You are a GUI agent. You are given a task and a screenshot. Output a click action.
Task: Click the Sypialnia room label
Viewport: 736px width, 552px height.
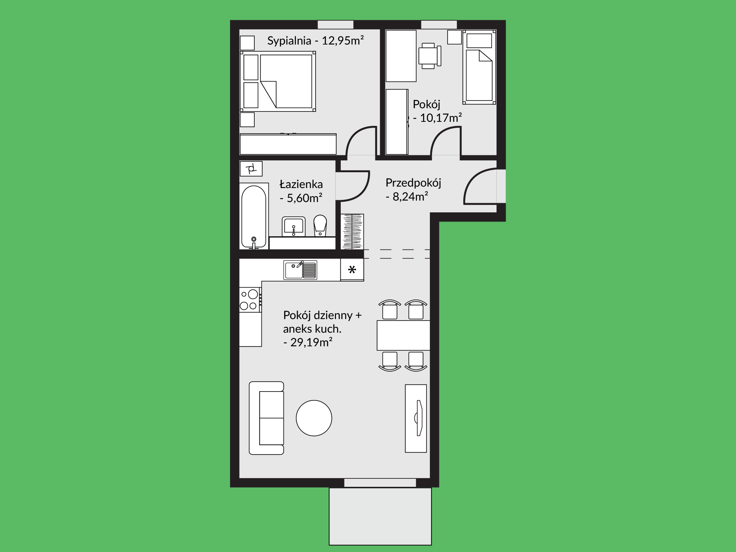(289, 41)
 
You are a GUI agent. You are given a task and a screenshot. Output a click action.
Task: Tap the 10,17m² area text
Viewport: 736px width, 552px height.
(441, 118)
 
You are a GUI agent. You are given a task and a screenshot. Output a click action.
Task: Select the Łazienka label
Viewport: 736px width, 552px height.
(301, 184)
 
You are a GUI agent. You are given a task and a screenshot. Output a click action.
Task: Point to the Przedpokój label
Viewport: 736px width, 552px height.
(413, 183)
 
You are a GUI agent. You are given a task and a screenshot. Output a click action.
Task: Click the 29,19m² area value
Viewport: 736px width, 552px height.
(311, 342)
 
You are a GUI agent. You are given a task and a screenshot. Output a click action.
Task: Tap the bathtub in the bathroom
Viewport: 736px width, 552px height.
(254, 216)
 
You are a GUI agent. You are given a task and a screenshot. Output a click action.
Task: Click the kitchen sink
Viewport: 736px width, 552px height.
(300, 270)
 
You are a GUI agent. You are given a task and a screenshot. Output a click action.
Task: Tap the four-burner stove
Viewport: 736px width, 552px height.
(250, 300)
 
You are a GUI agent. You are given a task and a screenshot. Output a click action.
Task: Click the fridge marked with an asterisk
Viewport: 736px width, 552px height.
(352, 270)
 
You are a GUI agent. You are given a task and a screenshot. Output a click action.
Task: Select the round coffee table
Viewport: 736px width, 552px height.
(314, 418)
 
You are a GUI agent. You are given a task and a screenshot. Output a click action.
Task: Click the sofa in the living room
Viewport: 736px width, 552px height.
(266, 418)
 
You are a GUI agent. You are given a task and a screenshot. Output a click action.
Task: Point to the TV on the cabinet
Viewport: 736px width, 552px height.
(419, 418)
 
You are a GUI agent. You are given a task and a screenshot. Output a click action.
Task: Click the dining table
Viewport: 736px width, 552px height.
(403, 335)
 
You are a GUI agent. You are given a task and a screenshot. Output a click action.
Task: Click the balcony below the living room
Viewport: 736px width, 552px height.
(380, 516)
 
